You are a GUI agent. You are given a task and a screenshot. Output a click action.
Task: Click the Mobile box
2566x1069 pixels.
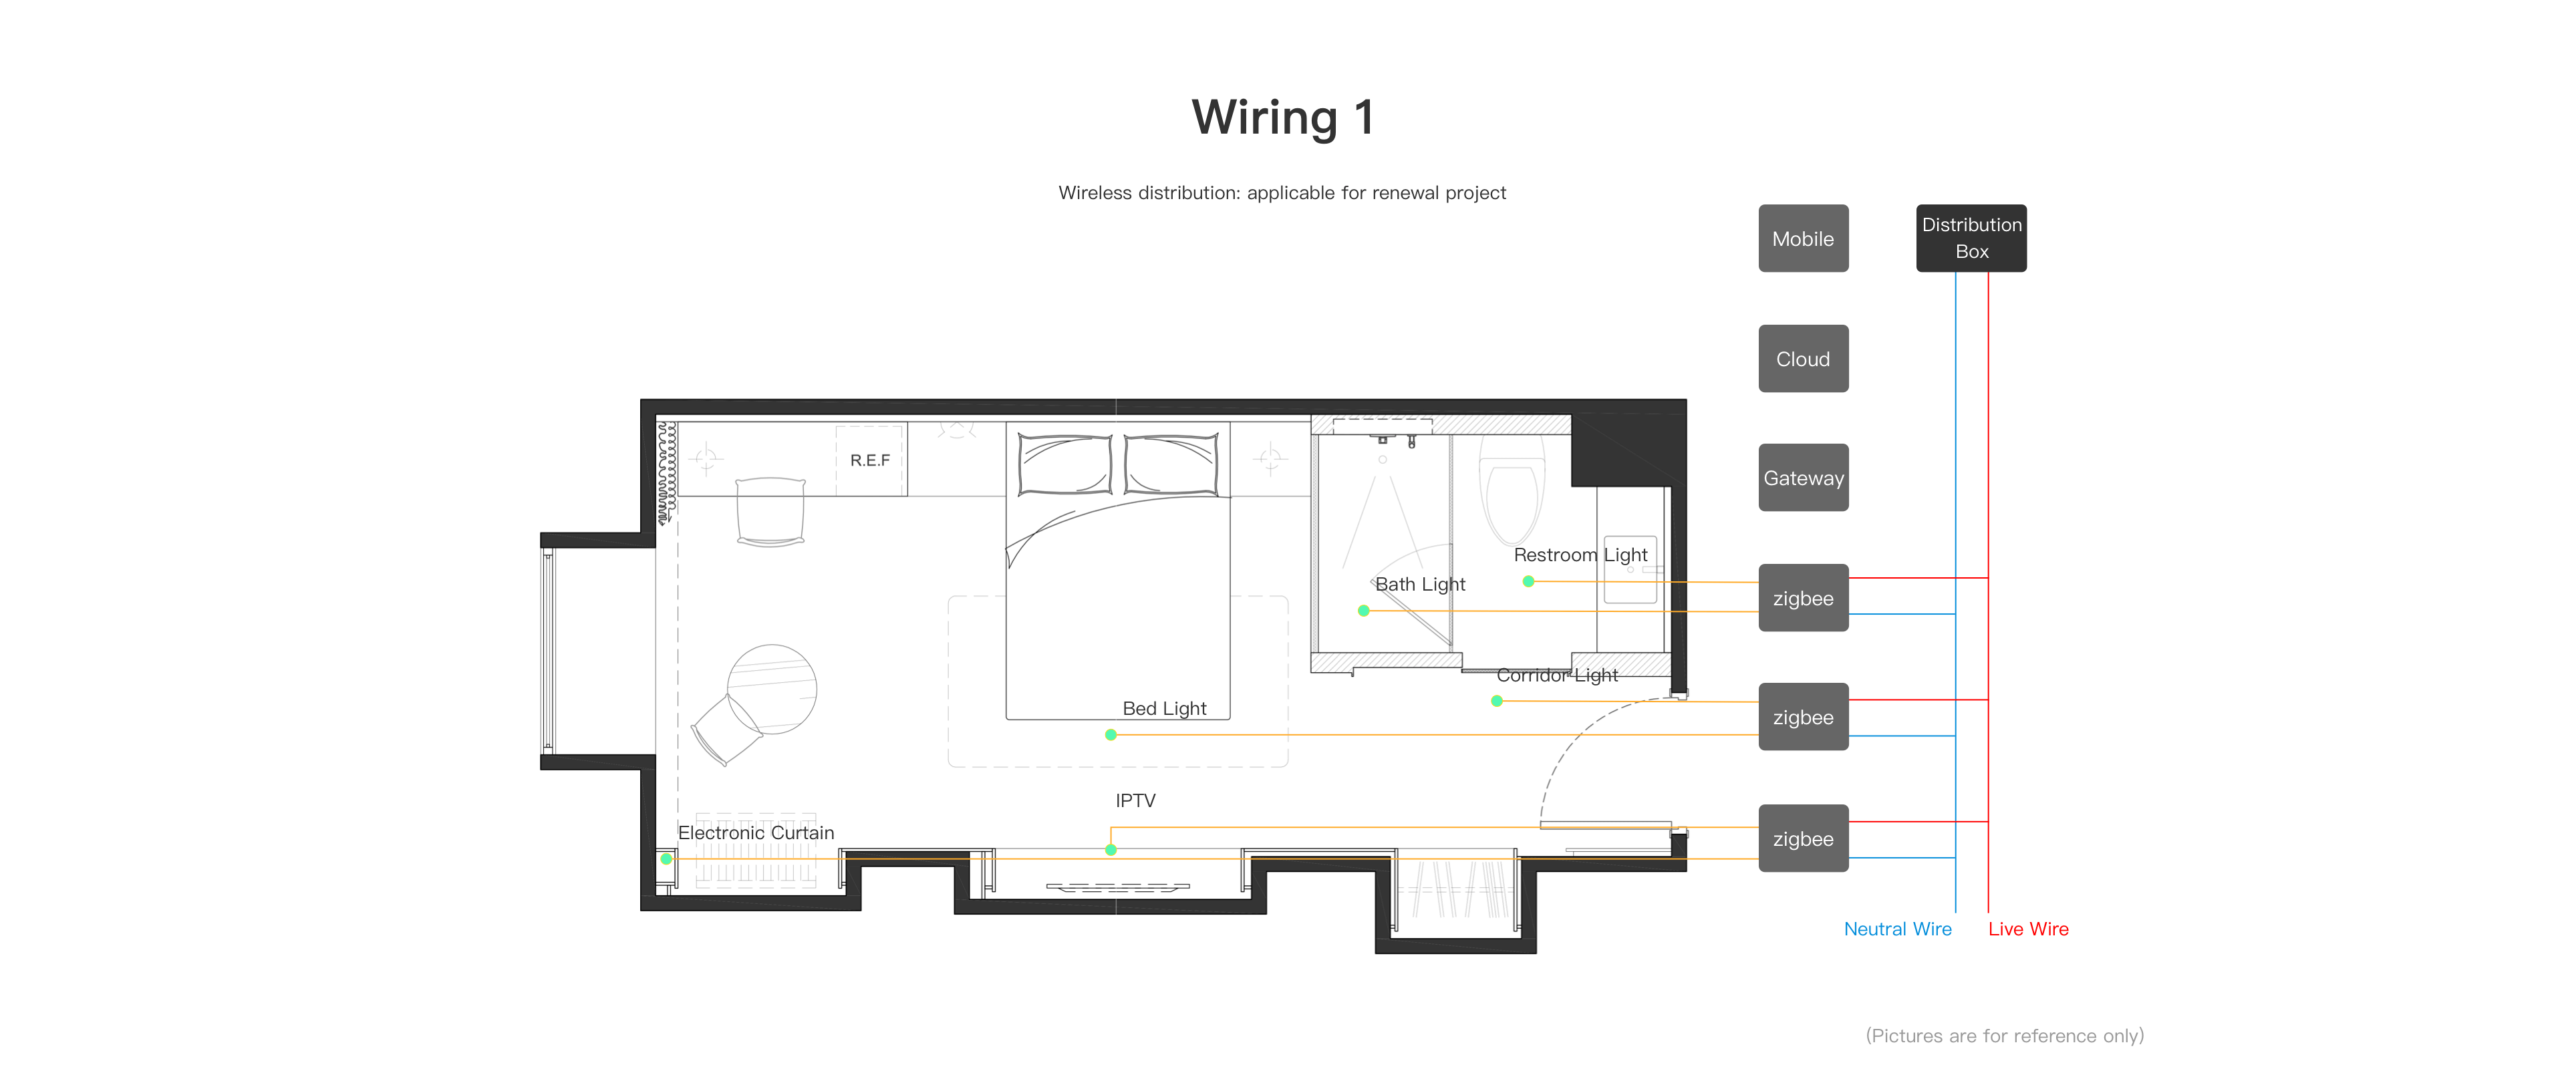click(1803, 238)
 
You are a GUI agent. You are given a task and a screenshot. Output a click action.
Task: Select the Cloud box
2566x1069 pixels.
click(1803, 359)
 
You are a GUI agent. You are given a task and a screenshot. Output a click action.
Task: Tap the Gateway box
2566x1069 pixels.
click(1803, 477)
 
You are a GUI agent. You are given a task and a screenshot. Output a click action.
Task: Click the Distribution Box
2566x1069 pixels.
click(1971, 238)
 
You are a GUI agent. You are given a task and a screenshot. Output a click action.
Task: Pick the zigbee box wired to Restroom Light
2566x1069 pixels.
click(1803, 598)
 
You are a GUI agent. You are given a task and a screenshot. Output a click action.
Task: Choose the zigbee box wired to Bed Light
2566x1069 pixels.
click(1803, 716)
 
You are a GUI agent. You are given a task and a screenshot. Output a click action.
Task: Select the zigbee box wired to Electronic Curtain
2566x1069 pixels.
click(1803, 838)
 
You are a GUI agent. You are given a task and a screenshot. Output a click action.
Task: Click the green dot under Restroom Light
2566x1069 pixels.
click(1528, 581)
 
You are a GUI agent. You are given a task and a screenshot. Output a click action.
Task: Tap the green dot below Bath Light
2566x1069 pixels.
click(1364, 611)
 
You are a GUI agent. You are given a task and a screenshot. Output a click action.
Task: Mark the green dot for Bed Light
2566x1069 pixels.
click(1111, 735)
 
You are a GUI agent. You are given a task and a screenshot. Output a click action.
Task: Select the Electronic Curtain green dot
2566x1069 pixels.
click(666, 859)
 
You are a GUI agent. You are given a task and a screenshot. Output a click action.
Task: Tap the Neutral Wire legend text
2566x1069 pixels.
click(1898, 929)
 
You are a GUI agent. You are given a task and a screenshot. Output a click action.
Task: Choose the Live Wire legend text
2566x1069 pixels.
click(2028, 929)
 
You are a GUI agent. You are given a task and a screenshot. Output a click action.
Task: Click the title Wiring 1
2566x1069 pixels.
click(1283, 118)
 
